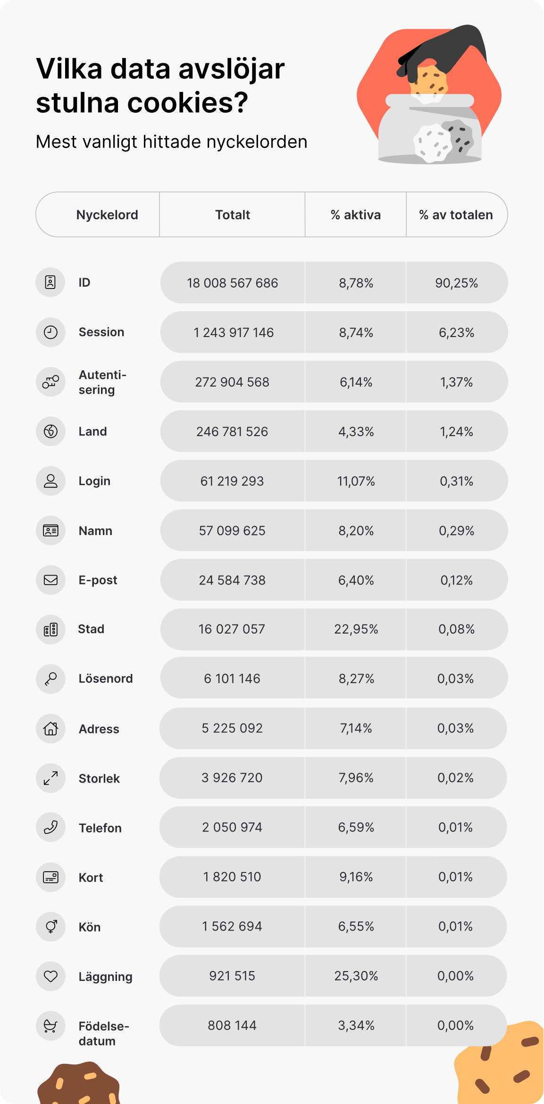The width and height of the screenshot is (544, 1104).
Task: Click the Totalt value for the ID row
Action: (x=232, y=283)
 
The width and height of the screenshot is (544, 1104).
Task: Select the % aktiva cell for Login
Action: (x=356, y=481)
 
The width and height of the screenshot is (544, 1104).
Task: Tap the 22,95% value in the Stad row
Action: (x=356, y=629)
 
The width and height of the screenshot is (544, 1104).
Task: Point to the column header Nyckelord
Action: (x=107, y=215)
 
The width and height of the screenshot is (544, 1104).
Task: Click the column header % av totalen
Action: (x=456, y=215)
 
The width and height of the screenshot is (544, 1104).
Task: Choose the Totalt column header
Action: (x=233, y=215)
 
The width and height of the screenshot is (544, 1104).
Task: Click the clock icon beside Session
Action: (x=50, y=332)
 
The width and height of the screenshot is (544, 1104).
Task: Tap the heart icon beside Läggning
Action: (x=50, y=976)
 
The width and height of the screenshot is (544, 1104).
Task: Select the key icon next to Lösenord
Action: (x=50, y=679)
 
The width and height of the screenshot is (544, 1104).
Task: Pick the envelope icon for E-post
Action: (x=50, y=580)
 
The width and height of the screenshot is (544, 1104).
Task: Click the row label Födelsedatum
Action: (x=104, y=1033)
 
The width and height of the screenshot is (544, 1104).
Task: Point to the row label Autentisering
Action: (x=102, y=382)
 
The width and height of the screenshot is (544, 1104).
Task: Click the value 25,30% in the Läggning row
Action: (x=356, y=976)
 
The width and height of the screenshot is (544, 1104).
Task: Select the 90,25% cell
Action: (x=456, y=283)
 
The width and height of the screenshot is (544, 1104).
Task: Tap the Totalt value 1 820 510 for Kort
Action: (x=232, y=877)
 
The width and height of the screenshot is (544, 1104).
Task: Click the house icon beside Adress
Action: (x=50, y=729)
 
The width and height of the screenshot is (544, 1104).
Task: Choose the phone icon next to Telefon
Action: (x=50, y=827)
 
